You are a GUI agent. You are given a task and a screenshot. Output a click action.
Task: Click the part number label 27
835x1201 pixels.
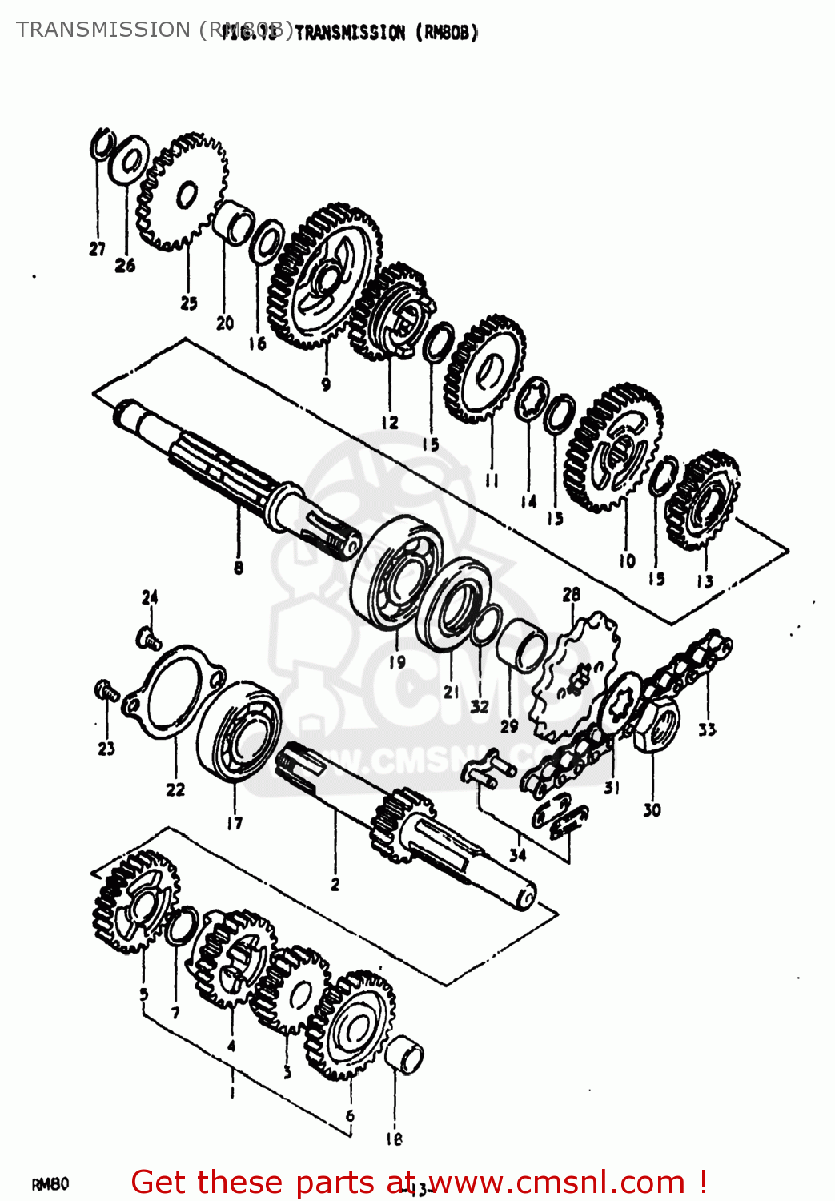97,250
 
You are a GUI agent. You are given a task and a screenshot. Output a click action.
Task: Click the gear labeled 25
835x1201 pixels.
183,192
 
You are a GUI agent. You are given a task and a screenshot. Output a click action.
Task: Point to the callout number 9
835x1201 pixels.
326,384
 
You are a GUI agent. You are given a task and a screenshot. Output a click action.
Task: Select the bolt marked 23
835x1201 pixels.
107,689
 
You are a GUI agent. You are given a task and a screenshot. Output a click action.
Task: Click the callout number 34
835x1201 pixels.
518,854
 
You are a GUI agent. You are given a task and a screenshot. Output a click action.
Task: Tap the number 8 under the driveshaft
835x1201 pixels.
239,568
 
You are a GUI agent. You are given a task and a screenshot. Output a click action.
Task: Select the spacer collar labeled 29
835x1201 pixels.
522,645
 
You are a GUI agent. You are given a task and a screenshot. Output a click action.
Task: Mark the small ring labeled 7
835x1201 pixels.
183,926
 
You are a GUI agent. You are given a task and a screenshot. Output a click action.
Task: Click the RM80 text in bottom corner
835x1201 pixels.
50,1184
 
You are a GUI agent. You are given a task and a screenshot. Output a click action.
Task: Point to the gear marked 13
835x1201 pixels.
704,501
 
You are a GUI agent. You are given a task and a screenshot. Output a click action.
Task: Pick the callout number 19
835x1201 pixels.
397,662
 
